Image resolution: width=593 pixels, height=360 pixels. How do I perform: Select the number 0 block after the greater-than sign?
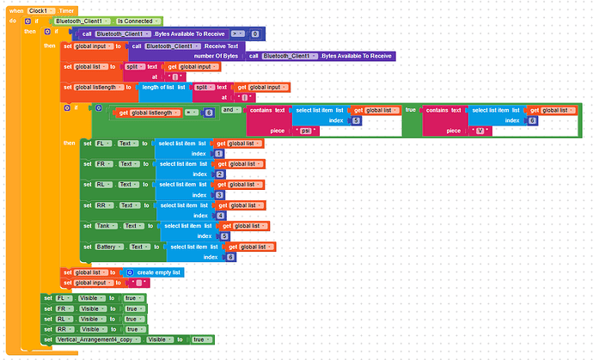254,33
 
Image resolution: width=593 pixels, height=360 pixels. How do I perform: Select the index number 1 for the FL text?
220,153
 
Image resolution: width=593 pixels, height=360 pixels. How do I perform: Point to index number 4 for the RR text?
220,215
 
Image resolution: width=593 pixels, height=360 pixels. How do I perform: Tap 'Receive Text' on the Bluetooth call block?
221,45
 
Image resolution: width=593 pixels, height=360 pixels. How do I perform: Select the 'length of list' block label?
160,87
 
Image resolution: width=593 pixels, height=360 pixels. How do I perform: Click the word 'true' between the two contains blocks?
410,110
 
